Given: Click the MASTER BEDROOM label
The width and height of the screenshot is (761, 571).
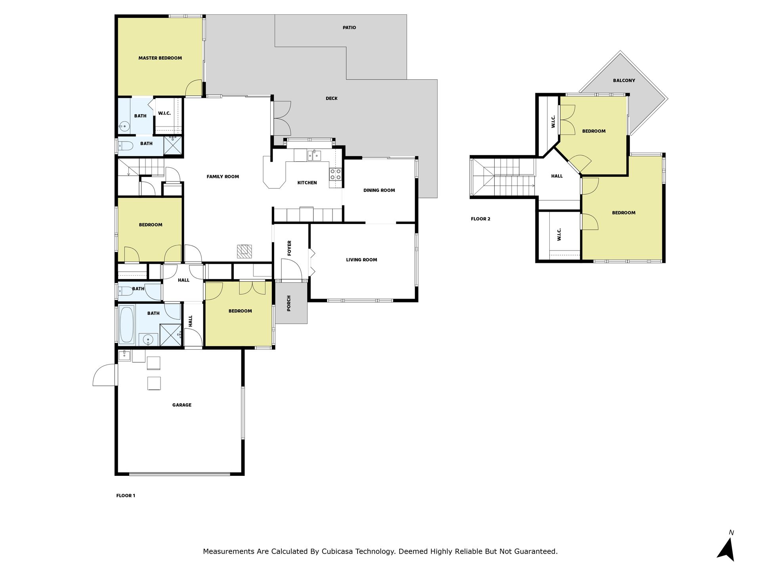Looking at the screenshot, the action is (160, 58).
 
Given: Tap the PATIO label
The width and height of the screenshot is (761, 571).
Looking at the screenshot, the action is (349, 28).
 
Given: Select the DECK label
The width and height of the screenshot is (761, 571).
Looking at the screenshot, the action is (331, 98).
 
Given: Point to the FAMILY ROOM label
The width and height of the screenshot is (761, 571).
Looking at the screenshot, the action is (223, 177).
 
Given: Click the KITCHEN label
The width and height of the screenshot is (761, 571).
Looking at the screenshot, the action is (307, 183).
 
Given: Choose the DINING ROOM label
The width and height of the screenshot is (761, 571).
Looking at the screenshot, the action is (379, 190).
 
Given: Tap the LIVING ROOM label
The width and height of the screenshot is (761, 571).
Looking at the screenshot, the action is (361, 260).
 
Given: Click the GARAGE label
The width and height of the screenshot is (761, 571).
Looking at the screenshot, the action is (182, 405).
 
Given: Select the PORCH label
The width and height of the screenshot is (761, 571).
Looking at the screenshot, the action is (289, 303).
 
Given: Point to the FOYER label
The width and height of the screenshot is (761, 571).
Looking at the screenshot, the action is (289, 248).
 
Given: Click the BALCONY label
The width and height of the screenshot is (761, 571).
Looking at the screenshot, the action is (624, 80).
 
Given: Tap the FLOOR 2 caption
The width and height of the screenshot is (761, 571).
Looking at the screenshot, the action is (480, 219).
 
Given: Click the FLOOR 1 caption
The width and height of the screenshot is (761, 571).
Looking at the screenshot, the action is (126, 496).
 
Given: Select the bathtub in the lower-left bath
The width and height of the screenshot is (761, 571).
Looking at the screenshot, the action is (127, 325).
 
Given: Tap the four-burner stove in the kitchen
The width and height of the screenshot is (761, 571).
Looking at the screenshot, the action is (335, 174).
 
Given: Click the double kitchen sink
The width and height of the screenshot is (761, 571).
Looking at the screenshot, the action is (314, 155).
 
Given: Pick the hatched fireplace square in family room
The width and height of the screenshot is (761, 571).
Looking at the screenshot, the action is (245, 252).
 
